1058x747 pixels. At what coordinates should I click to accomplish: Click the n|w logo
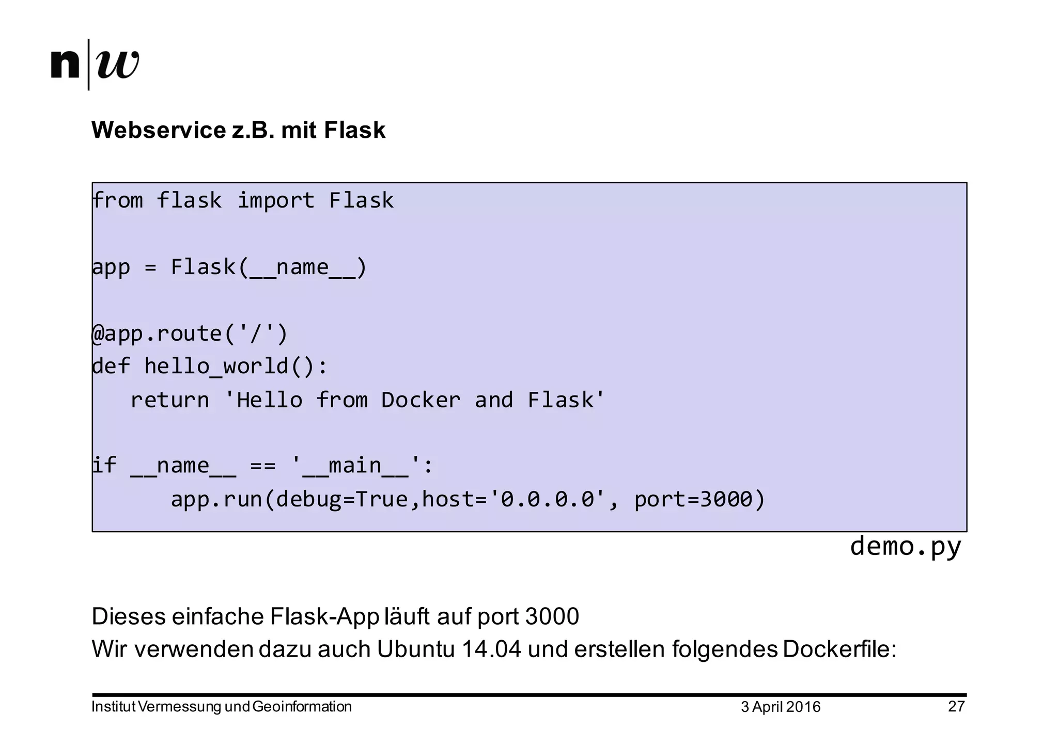(x=96, y=65)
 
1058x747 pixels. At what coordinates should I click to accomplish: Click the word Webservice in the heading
(x=159, y=130)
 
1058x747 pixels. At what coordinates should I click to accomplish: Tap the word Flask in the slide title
(x=354, y=130)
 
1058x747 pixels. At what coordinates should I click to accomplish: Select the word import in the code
(x=276, y=200)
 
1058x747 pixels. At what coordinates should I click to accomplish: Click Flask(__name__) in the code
(x=269, y=267)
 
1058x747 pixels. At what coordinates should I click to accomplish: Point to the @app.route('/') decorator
(x=190, y=333)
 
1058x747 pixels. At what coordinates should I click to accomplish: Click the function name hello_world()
(x=235, y=367)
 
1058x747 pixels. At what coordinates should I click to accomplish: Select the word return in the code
(x=170, y=400)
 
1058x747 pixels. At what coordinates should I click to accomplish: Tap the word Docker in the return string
(x=421, y=400)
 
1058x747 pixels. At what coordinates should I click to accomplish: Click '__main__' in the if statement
(x=355, y=466)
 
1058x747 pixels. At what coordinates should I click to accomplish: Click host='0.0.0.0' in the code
(x=514, y=499)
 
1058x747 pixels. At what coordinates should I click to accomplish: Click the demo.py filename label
(x=905, y=546)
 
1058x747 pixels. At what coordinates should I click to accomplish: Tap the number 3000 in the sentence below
(x=552, y=616)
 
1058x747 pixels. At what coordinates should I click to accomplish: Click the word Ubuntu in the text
(x=416, y=649)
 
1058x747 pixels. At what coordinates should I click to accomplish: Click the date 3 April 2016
(x=780, y=707)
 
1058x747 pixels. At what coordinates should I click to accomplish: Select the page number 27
(x=956, y=706)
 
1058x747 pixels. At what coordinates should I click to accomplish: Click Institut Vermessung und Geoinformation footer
(x=222, y=707)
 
